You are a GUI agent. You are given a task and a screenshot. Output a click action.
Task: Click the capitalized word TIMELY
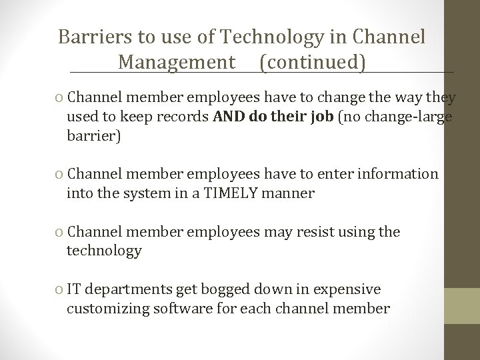[x=241, y=194]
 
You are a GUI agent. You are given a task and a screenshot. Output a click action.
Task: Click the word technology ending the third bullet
[x=104, y=251]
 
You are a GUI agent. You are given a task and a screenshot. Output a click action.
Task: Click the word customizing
[x=109, y=309]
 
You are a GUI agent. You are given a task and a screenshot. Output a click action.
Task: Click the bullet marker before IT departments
[x=61, y=290]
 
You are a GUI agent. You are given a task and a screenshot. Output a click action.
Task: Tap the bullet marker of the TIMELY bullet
[x=61, y=175]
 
